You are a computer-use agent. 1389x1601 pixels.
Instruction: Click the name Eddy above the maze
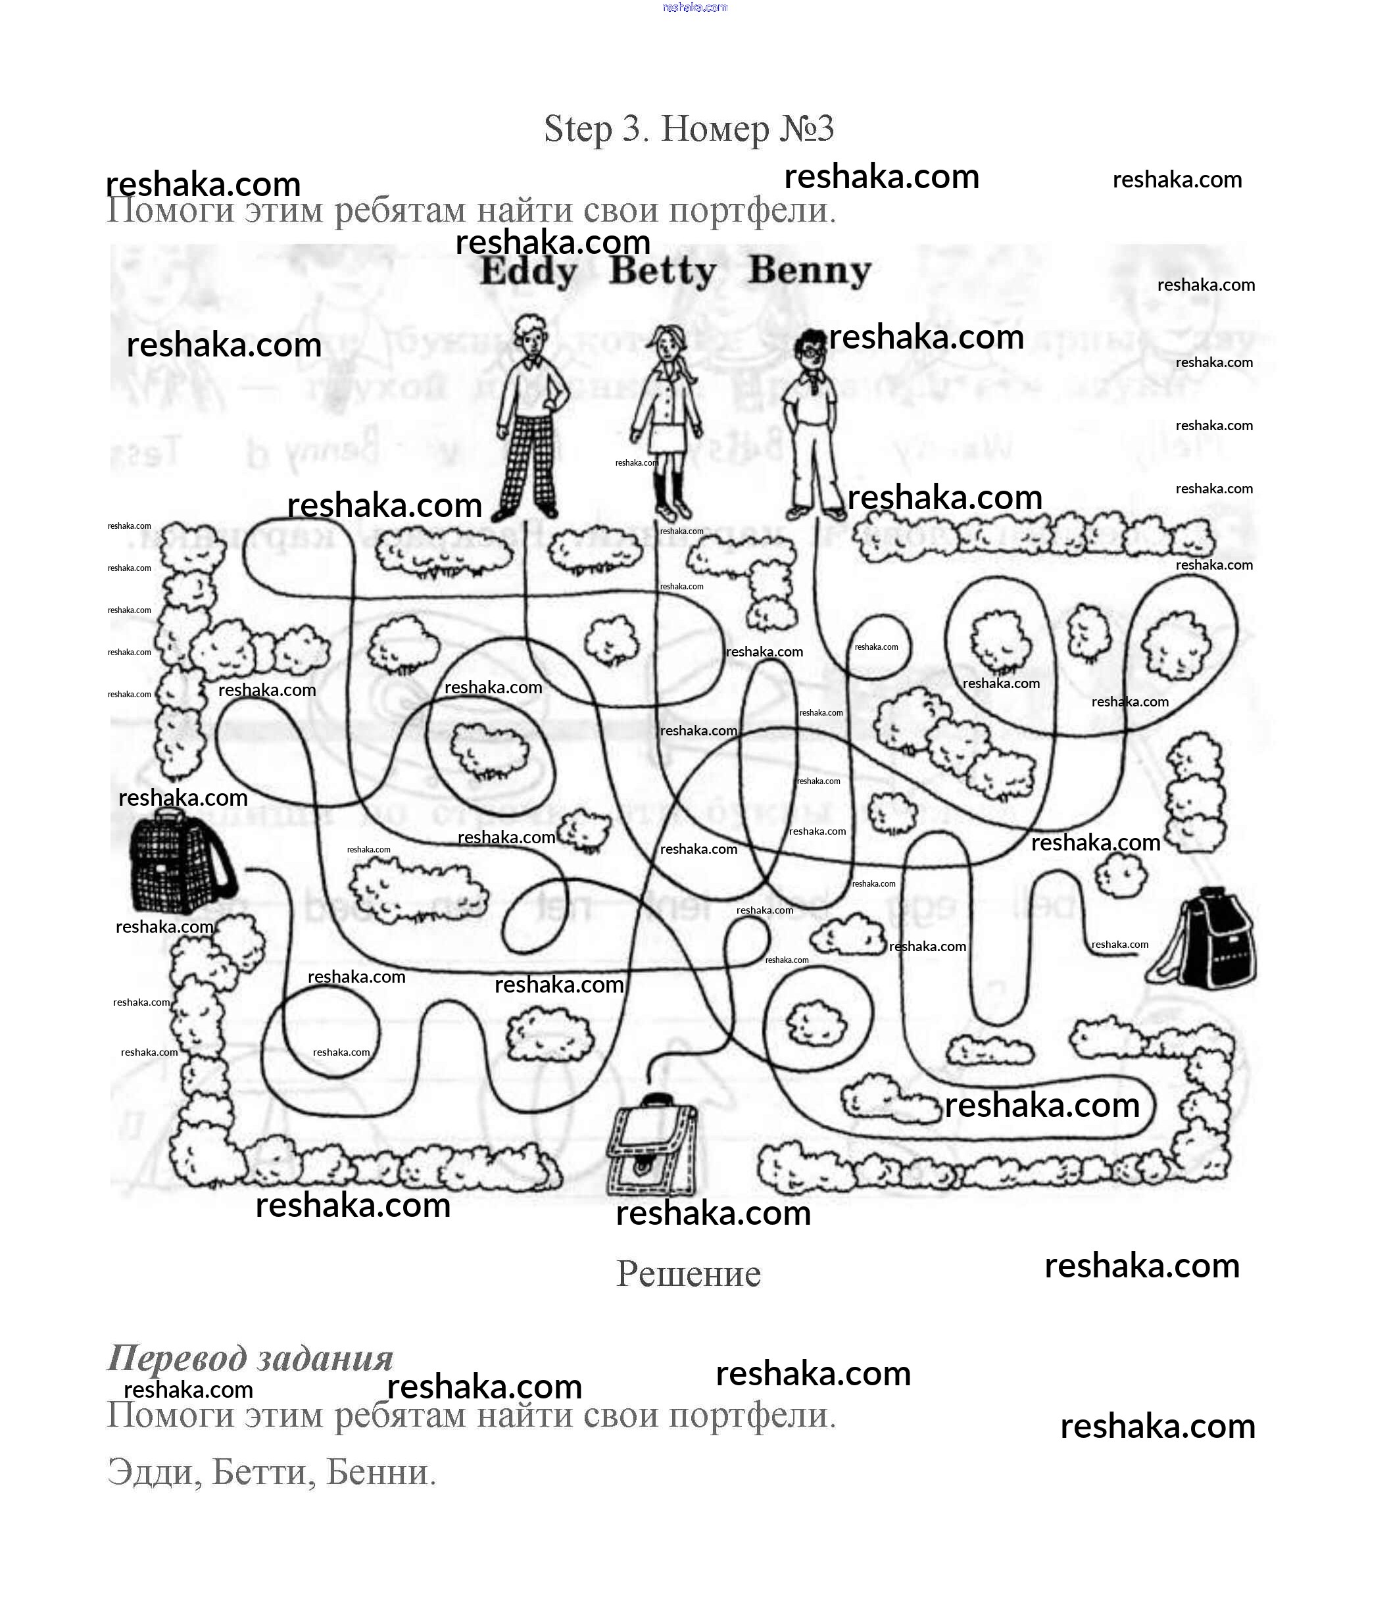coord(529,272)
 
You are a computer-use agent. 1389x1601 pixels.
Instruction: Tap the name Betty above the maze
coord(664,272)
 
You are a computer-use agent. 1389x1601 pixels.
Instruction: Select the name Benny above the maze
coord(810,272)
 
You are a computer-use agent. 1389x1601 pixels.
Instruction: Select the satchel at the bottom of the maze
coord(652,1146)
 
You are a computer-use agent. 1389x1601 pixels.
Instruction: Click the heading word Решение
coord(689,1274)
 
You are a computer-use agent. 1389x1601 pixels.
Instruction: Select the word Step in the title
coord(577,129)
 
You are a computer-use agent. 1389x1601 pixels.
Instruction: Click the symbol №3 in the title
coord(806,129)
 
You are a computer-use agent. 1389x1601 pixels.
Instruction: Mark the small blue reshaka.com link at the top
coord(694,7)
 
